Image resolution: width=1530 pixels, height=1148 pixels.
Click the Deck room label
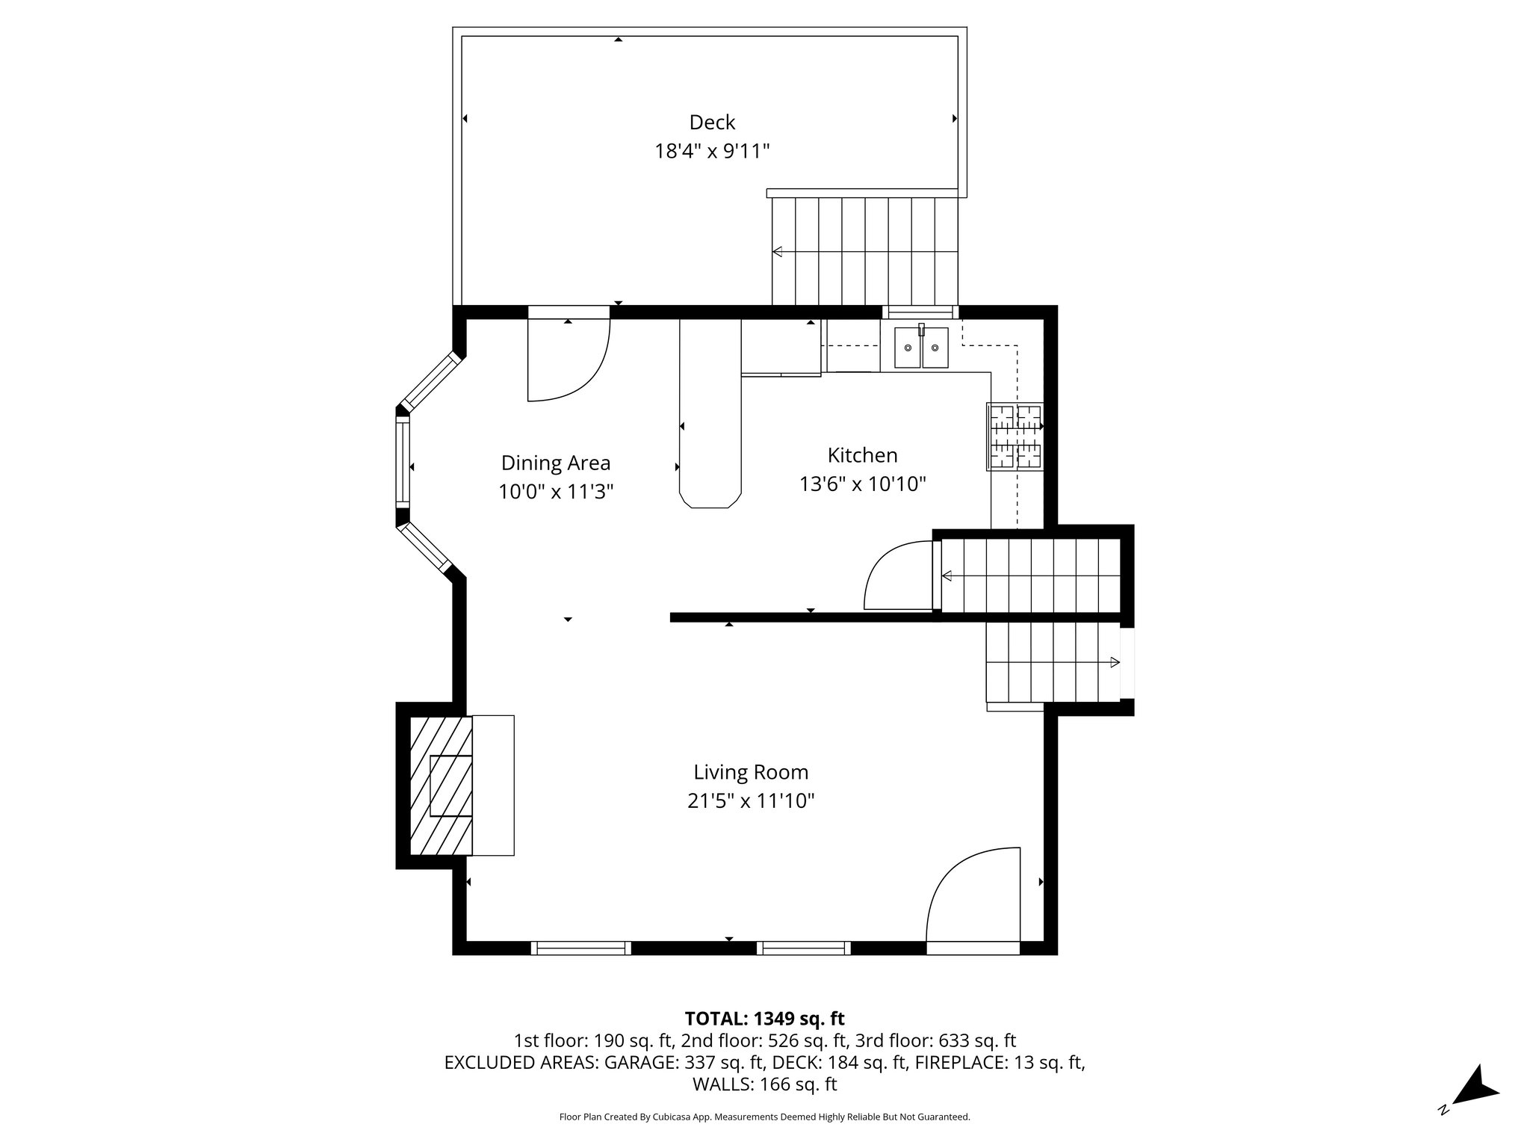click(711, 123)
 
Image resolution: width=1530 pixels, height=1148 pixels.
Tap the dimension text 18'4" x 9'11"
click(711, 152)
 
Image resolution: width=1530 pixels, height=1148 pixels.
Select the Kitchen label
click(862, 455)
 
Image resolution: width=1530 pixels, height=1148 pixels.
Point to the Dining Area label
click(555, 463)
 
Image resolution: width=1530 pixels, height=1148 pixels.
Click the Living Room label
click(750, 772)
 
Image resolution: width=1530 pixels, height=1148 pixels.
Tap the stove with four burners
click(1015, 437)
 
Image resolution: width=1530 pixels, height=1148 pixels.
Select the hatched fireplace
click(441, 786)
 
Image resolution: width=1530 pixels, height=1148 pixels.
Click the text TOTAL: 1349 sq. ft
click(764, 1018)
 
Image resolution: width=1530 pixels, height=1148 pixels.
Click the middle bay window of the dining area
click(403, 461)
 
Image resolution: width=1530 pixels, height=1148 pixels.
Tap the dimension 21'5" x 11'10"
click(750, 801)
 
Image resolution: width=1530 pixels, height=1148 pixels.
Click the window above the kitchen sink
click(920, 312)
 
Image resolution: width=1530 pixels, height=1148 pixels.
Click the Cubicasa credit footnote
click(764, 1117)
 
